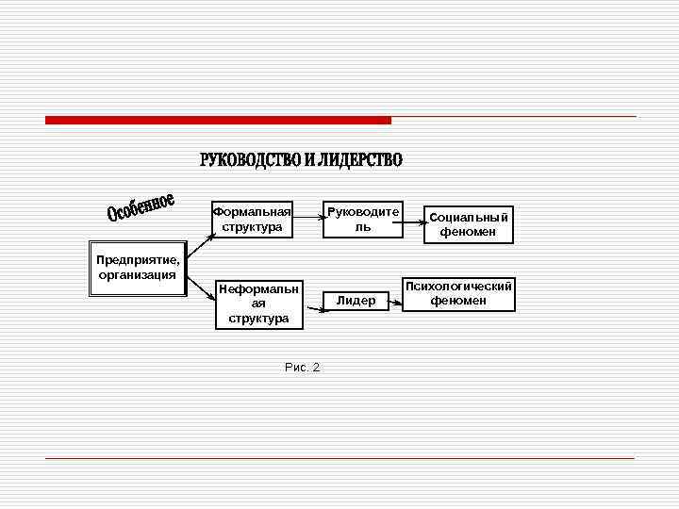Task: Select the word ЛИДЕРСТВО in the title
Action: pos(359,160)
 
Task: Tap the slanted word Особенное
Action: pos(141,208)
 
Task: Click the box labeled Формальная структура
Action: pos(252,220)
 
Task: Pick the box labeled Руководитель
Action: pos(363,220)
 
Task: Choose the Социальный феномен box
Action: pos(469,223)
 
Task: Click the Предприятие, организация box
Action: pos(138,269)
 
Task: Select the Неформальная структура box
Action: pos(258,304)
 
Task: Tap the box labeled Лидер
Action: pos(356,301)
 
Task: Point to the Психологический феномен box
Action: pos(458,293)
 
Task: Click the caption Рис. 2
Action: pos(302,367)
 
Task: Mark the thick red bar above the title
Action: pos(218,121)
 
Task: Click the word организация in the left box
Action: pos(138,275)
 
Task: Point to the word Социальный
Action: pos(469,217)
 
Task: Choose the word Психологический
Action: pos(458,286)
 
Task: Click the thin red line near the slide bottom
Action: pos(339,458)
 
